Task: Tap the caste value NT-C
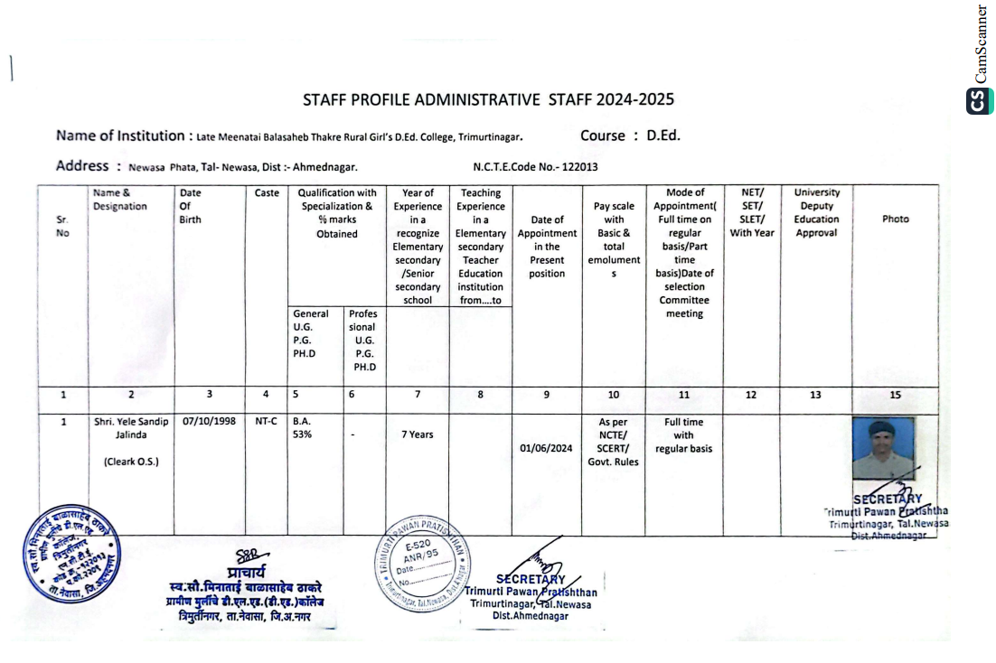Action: (267, 422)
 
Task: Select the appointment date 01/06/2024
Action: (547, 447)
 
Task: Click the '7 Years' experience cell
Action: (417, 434)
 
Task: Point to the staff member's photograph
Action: (883, 448)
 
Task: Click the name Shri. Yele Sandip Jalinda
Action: (131, 428)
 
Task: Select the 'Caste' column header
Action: (267, 192)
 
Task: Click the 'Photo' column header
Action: (895, 219)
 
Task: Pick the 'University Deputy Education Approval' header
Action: (816, 212)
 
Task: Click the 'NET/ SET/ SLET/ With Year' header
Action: (751, 212)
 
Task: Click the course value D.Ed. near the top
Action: (663, 136)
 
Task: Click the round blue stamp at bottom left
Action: (69, 553)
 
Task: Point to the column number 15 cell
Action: (895, 395)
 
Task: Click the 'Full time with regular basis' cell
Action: (683, 435)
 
